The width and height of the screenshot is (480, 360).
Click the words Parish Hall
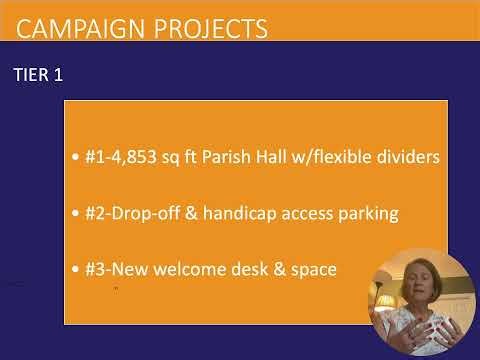258,158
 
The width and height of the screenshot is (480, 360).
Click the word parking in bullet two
367,214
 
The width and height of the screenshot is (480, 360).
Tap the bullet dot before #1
78,159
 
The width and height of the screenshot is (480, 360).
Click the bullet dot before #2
78,215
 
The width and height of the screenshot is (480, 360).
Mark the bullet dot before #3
78,271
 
